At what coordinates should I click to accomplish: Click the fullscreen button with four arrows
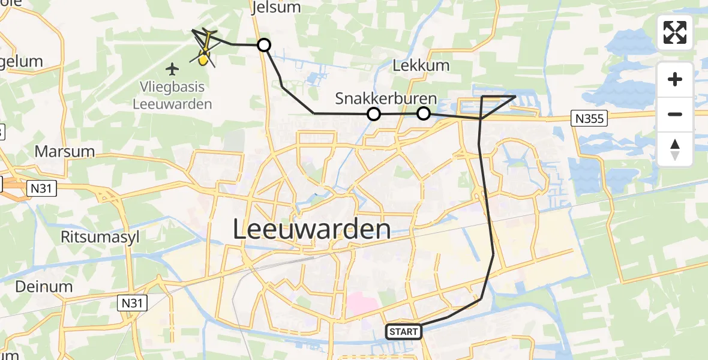[x=675, y=32]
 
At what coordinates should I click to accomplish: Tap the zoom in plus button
[x=675, y=79]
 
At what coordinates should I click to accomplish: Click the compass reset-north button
[x=675, y=149]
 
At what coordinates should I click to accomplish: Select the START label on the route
[x=403, y=331]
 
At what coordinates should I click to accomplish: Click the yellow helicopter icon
[x=205, y=50]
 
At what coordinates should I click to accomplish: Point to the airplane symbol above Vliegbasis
[x=173, y=69]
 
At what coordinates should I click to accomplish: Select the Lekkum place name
[x=421, y=65]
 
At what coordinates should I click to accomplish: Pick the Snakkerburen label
[x=386, y=98]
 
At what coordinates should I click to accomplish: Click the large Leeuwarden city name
[x=311, y=230]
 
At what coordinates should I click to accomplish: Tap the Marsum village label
[x=65, y=151]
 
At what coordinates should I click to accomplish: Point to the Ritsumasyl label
[x=100, y=237]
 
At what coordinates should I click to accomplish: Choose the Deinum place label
[x=44, y=286]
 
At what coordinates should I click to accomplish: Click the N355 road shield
[x=589, y=119]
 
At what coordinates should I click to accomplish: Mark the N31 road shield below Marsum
[x=42, y=189]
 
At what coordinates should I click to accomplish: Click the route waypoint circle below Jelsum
[x=264, y=45]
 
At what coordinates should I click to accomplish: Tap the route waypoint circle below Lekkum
[x=424, y=113]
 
